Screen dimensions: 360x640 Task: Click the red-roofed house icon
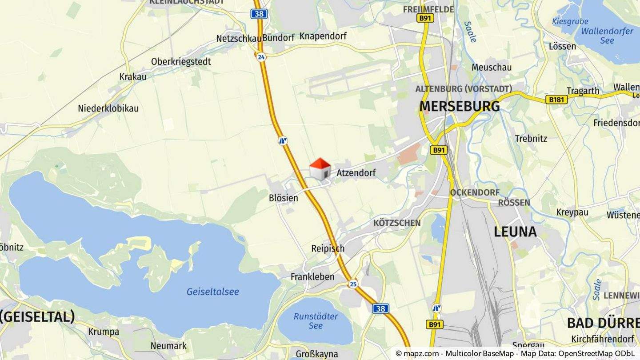(x=320, y=169)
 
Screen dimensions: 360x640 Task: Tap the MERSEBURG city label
(x=460, y=107)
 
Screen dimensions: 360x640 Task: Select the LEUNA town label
(x=515, y=232)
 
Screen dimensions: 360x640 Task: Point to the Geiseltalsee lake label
(x=212, y=292)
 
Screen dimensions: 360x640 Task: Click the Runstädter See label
(x=316, y=321)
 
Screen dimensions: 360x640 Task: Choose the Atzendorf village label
(x=356, y=173)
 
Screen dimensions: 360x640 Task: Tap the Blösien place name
(x=284, y=198)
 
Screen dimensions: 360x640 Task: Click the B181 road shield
(x=556, y=100)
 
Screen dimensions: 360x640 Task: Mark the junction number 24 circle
(x=261, y=56)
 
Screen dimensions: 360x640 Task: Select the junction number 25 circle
(x=353, y=284)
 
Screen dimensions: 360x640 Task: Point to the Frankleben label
(x=312, y=277)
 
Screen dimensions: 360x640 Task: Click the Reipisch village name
(x=328, y=248)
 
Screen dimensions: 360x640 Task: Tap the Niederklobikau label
(x=108, y=108)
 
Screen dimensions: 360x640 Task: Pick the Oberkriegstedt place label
(x=181, y=62)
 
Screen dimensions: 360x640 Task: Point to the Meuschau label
(x=492, y=68)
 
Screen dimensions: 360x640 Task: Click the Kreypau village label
(x=572, y=212)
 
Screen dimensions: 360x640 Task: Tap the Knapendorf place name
(x=323, y=36)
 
